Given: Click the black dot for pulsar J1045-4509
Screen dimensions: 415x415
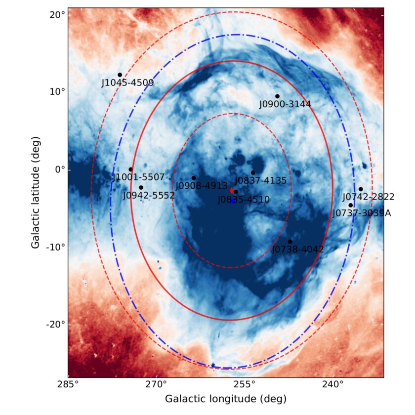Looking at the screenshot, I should pos(120,75).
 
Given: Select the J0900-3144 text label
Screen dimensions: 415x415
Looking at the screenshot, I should pos(285,104).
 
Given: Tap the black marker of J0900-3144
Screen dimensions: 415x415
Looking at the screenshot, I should pos(277,96).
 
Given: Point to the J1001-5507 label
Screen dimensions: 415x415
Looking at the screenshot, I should pos(138,177).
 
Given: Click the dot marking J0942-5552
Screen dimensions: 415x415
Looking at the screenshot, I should pos(141,187).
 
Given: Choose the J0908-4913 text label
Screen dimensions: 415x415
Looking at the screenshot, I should pos(201,186).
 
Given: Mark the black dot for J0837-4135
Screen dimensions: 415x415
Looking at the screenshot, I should pos(253,172).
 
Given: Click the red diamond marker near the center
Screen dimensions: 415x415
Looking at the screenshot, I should pos(232,190).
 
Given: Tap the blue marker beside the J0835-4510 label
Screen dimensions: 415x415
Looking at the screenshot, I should pos(233,201).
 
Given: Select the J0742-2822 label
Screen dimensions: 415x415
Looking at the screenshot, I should pos(369,197).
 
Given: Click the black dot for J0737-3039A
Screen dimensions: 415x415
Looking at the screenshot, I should pos(350,205).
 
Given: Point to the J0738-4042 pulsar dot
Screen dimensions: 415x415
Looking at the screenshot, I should pos(290,242).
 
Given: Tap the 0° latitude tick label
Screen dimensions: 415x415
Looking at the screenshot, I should pos(59,169).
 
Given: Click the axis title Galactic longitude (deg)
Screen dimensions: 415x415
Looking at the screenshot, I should pos(225,399).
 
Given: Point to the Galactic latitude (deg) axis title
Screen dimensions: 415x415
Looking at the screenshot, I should pos(36,193).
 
